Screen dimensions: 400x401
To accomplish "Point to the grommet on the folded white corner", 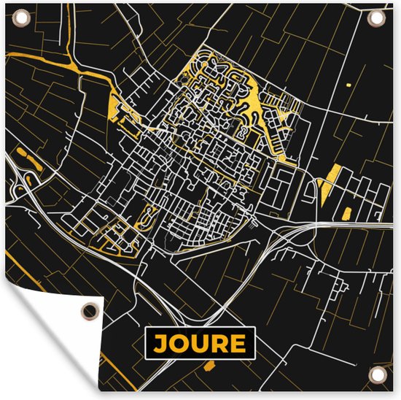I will (x=87, y=311).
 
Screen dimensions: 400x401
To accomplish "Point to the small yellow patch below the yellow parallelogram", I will (x=346, y=212).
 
